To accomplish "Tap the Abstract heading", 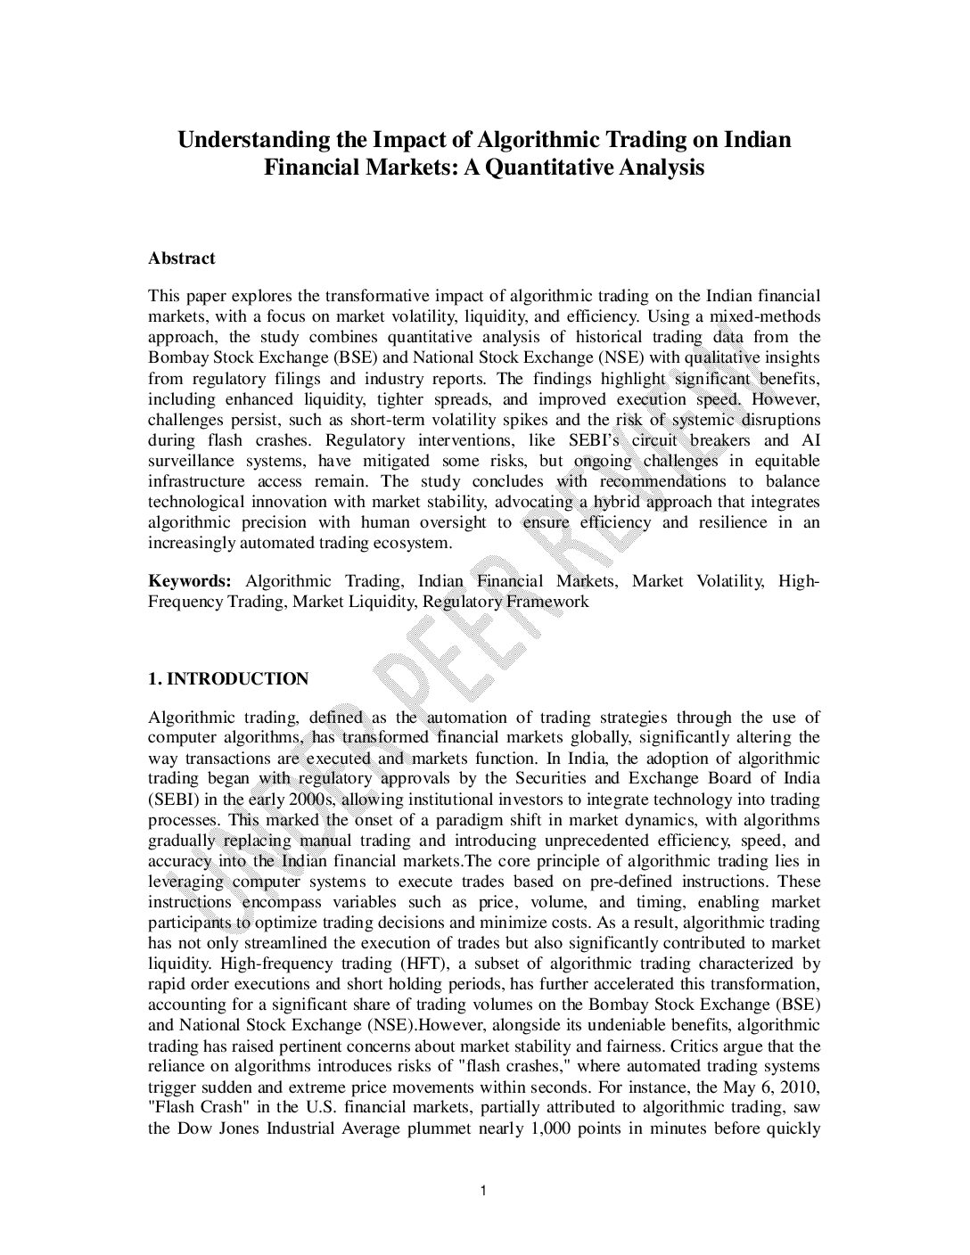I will pos(182,258).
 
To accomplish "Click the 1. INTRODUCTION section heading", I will pos(228,679).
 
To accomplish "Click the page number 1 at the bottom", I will pos(482,1190).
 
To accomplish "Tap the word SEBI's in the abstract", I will pos(597,440).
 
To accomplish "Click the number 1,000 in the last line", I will pos(554,1128).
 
